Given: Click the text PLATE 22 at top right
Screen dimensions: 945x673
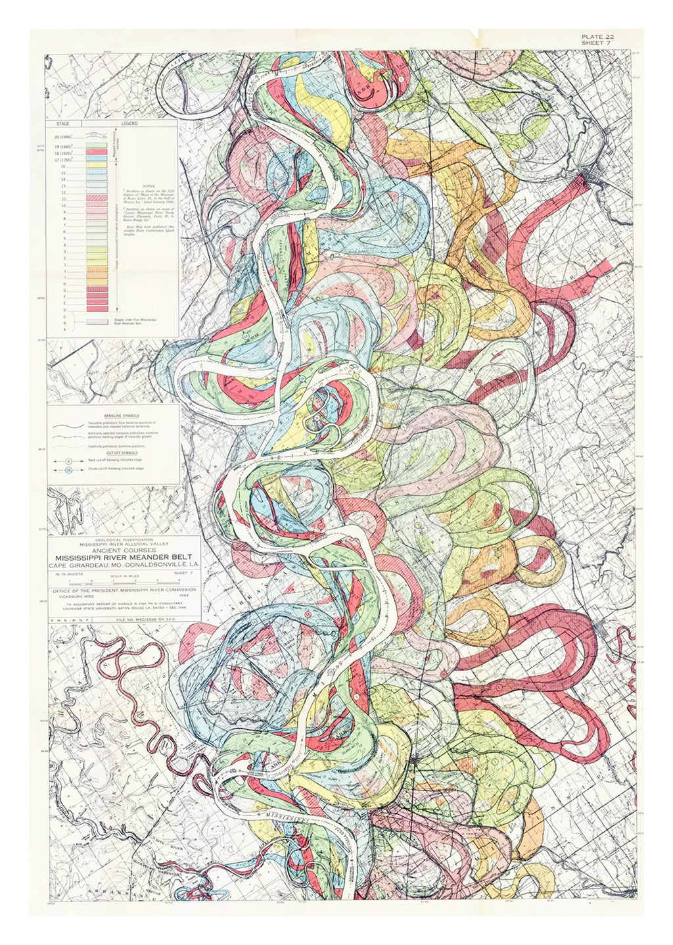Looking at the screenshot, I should (x=597, y=36).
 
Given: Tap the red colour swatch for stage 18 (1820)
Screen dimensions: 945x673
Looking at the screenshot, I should (x=97, y=152).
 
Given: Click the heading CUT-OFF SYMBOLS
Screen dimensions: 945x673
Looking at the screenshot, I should (x=112, y=453).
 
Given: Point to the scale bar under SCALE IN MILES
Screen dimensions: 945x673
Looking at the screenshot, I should (x=122, y=582).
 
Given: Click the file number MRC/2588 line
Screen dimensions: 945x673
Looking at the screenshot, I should (x=146, y=619).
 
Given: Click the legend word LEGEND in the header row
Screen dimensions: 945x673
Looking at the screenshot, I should (x=129, y=124).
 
